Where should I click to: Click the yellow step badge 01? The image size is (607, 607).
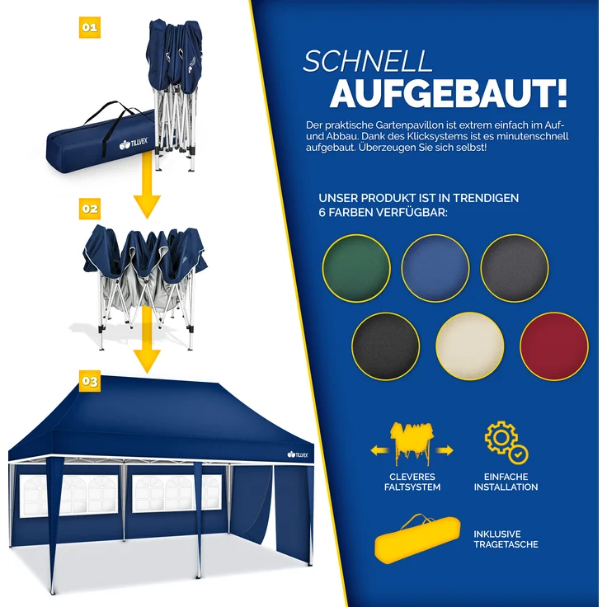click(x=90, y=27)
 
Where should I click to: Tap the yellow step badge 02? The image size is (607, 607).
click(x=90, y=209)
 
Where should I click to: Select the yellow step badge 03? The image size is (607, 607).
click(x=90, y=381)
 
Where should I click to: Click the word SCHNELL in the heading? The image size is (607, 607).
click(x=368, y=62)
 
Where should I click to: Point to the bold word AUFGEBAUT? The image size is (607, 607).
click(x=448, y=94)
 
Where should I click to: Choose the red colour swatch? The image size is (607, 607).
click(x=554, y=346)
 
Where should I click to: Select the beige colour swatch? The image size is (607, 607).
click(x=469, y=346)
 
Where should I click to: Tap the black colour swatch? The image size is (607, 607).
click(x=385, y=346)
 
